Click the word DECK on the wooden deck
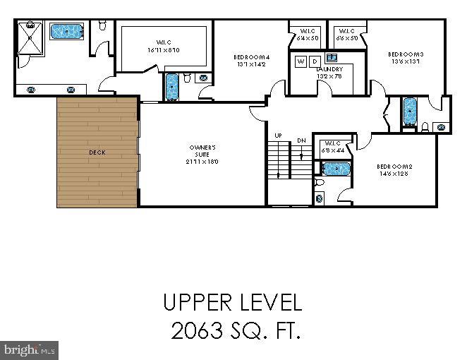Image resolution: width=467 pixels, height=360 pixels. pyautogui.click(x=97, y=152)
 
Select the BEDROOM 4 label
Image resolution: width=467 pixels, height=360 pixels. pyautogui.click(x=252, y=60)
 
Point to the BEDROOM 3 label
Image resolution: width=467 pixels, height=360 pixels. pyautogui.click(x=406, y=57)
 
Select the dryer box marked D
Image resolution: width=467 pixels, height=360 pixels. pyautogui.click(x=315, y=61)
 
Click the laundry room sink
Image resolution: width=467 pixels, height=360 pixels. pyautogui.click(x=332, y=57)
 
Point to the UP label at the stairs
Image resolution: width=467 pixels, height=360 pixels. pyautogui.click(x=278, y=136)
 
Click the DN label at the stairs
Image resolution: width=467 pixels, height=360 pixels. pyautogui.click(x=301, y=140)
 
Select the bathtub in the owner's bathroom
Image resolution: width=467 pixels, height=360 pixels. pyautogui.click(x=68, y=31)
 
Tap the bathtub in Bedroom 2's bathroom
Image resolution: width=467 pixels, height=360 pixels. pyautogui.click(x=336, y=169)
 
